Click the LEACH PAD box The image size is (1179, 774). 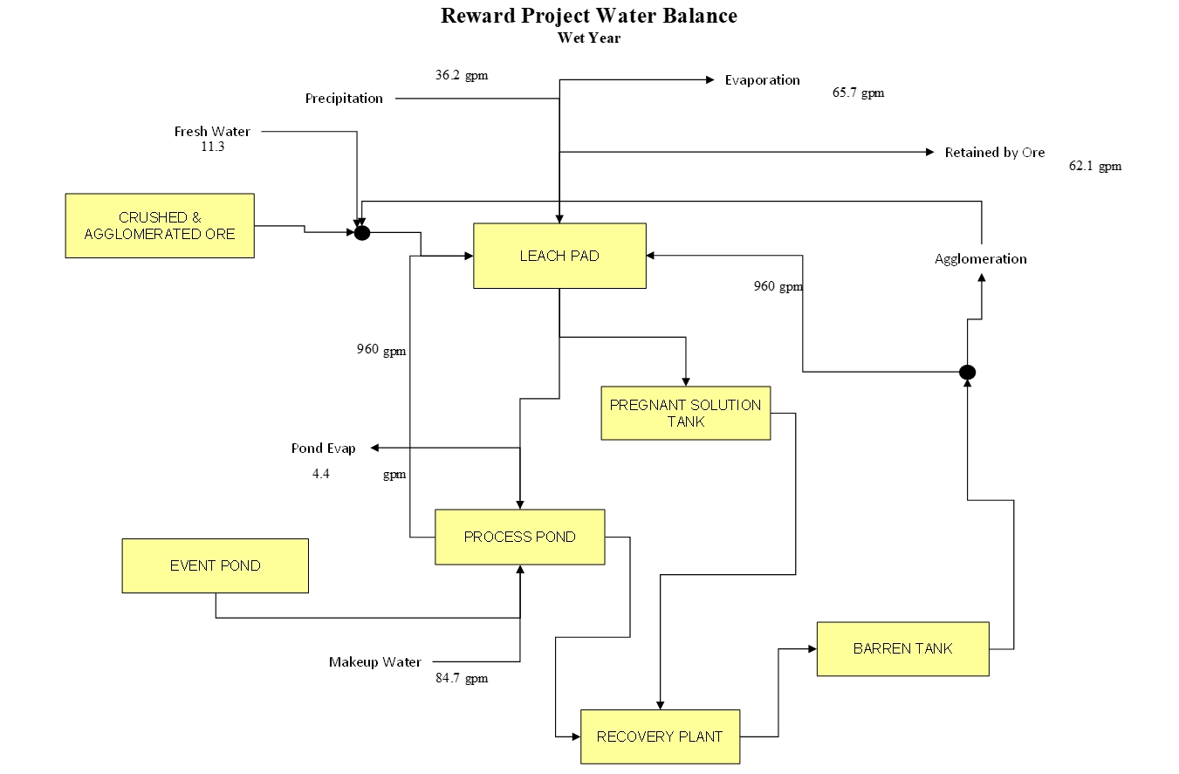point(559,256)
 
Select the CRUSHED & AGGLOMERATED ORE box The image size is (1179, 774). point(160,226)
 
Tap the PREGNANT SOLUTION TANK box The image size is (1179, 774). point(685,413)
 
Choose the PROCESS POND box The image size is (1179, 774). point(519,537)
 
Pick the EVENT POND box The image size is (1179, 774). point(215,565)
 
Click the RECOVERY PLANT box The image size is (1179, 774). point(660,736)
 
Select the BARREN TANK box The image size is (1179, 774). point(902,648)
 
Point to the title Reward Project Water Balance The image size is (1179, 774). point(588,16)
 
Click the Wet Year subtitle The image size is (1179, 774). point(589,38)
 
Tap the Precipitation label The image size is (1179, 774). point(344,99)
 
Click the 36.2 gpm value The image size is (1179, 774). point(462,75)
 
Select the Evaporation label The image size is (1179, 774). point(762,80)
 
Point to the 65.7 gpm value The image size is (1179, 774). point(858,92)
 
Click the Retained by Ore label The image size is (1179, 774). point(994,153)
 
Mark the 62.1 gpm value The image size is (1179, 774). point(1095,166)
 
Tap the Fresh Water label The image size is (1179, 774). point(212,132)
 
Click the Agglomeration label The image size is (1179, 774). point(980,259)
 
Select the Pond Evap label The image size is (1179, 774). point(323,449)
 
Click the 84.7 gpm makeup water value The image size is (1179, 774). point(462,678)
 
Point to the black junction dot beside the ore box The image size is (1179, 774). point(362,233)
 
